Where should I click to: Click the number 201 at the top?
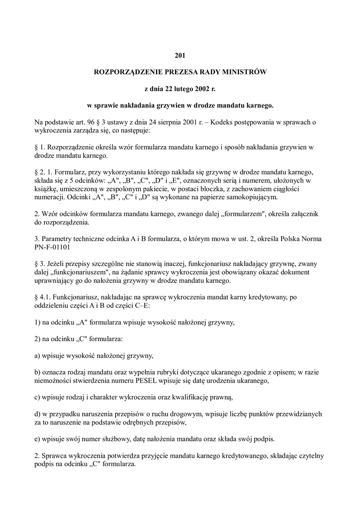[x=180, y=55]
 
